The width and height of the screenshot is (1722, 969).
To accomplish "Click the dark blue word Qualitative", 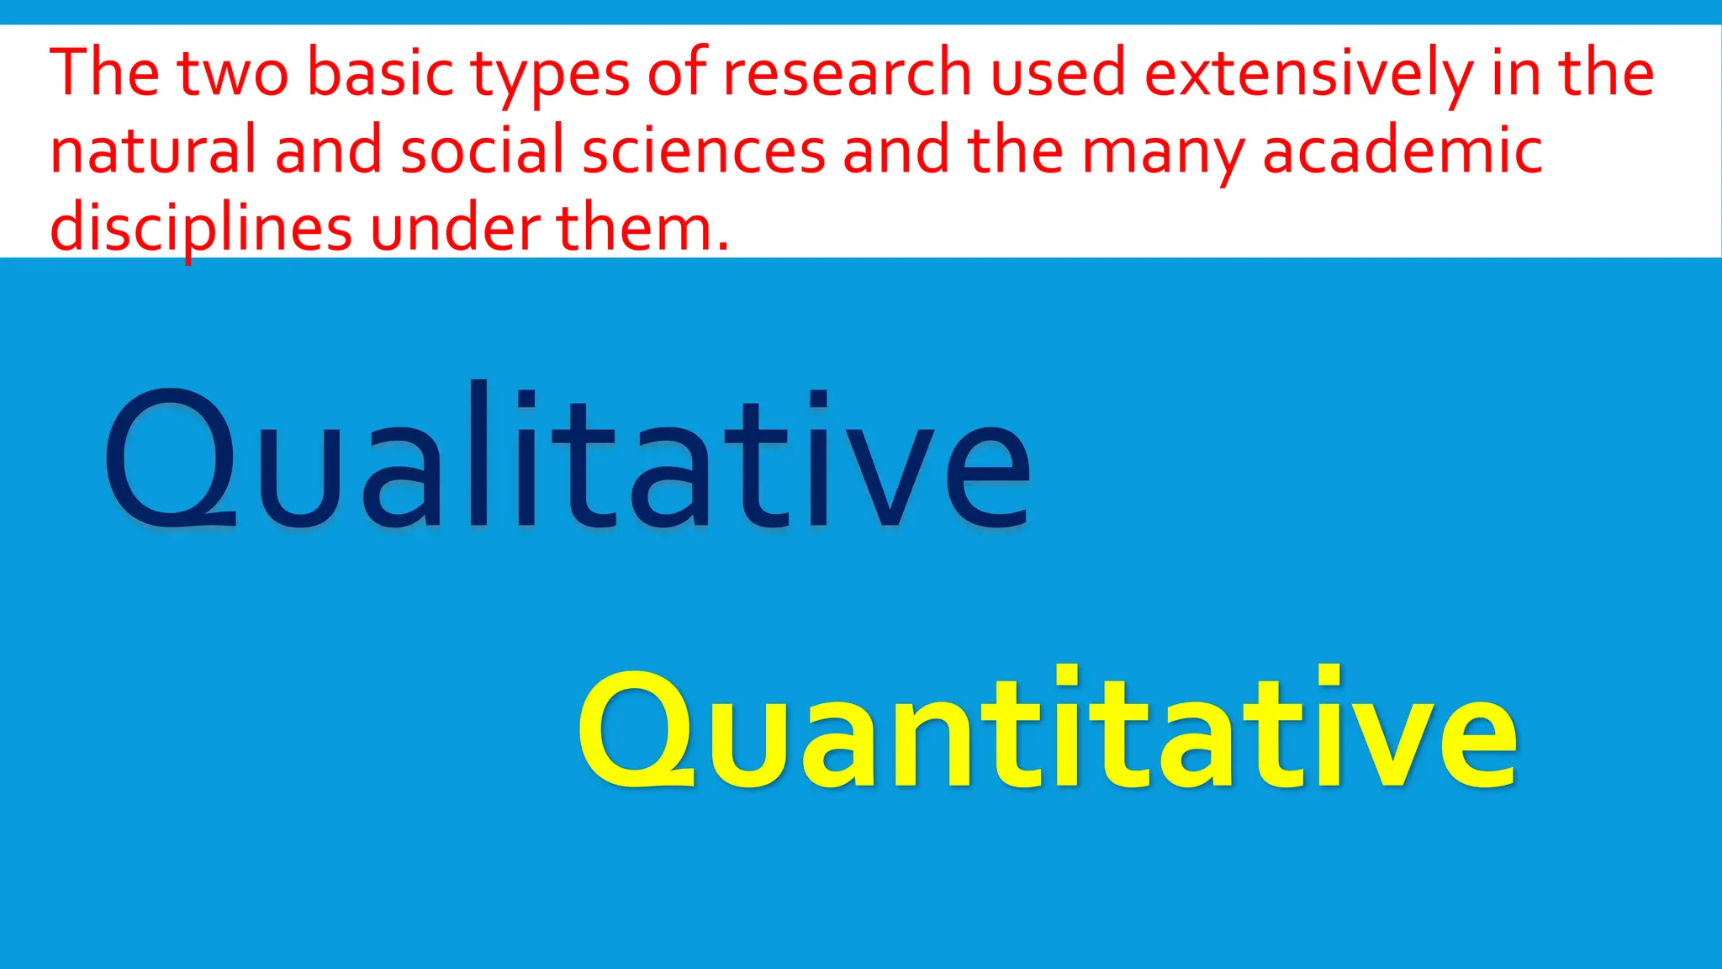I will coord(568,458).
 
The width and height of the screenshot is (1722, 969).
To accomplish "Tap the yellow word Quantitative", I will coord(1048,728).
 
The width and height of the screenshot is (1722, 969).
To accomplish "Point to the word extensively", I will coord(1307,73).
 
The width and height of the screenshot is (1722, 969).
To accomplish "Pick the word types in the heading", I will coord(550,76).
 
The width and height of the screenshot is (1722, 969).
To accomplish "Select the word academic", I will coord(1402,151).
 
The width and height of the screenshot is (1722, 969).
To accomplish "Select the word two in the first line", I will coord(233,73).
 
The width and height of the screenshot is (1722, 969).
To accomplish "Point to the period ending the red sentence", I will coord(723,247).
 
